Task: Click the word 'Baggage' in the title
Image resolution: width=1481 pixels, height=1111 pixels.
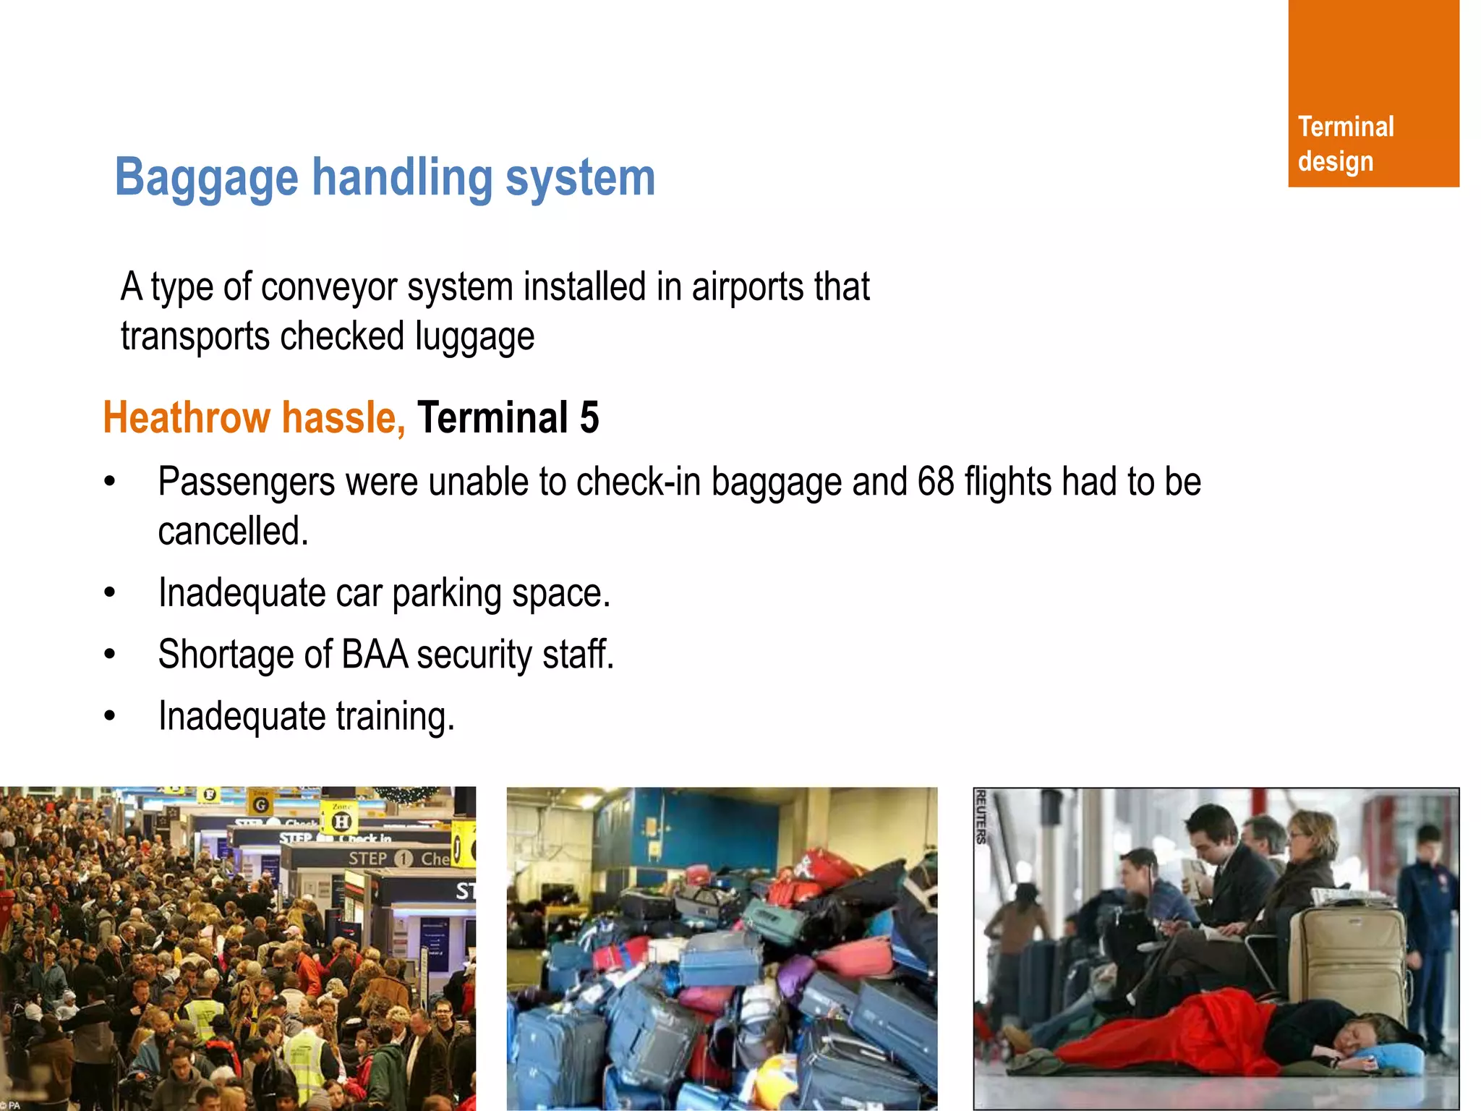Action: coord(206,179)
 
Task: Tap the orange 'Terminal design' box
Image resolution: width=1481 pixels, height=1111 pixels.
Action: coord(1373,94)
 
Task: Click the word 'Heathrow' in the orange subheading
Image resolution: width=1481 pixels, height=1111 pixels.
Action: coord(187,418)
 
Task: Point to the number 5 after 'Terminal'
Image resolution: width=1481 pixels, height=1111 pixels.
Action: coord(589,418)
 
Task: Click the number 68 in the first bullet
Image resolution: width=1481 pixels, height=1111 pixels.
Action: coord(935,482)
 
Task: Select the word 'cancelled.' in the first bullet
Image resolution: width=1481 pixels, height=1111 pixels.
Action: coord(233,532)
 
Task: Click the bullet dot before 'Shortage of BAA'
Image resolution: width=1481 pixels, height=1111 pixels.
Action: coord(110,655)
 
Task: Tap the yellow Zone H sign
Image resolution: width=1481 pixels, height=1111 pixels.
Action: coord(341,820)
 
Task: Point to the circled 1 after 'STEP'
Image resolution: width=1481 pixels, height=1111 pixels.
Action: coord(404,859)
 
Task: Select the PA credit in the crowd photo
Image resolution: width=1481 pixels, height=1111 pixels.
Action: coord(10,1104)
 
